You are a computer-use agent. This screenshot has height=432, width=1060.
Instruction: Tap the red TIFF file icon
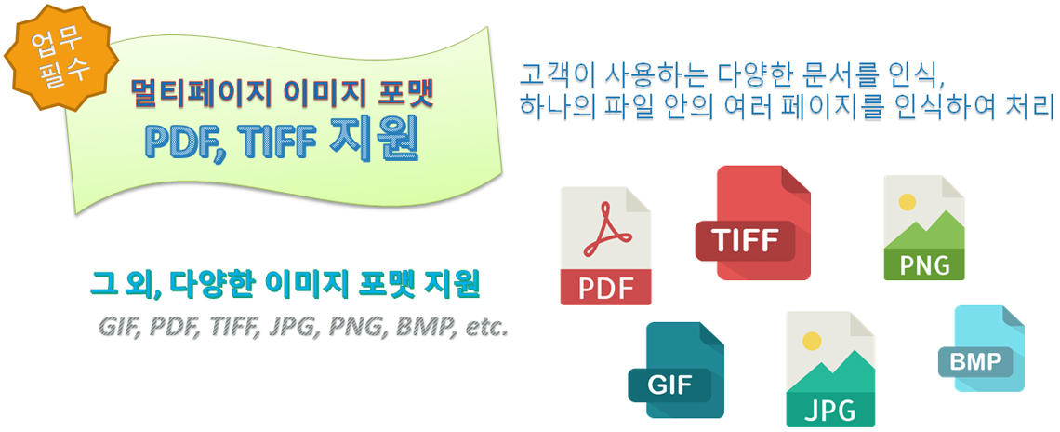[753, 223]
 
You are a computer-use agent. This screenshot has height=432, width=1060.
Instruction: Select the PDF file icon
[605, 246]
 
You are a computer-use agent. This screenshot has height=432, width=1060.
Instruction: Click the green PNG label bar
[924, 264]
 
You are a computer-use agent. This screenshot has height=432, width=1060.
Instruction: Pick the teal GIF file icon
[677, 370]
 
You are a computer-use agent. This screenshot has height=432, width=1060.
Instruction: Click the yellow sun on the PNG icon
[908, 202]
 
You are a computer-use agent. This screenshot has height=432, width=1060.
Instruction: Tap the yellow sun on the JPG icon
[811, 340]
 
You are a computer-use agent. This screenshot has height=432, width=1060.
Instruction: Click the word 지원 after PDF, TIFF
[373, 142]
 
